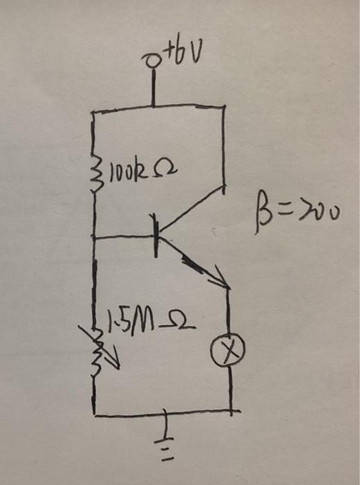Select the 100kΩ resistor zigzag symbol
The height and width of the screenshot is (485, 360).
click(94, 166)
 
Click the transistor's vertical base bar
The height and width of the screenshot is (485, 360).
click(157, 236)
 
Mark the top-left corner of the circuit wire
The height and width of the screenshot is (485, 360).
click(93, 111)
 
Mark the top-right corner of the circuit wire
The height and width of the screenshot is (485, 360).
click(225, 106)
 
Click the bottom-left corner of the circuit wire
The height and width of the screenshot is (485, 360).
click(94, 415)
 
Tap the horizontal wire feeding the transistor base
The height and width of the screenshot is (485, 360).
click(125, 238)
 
